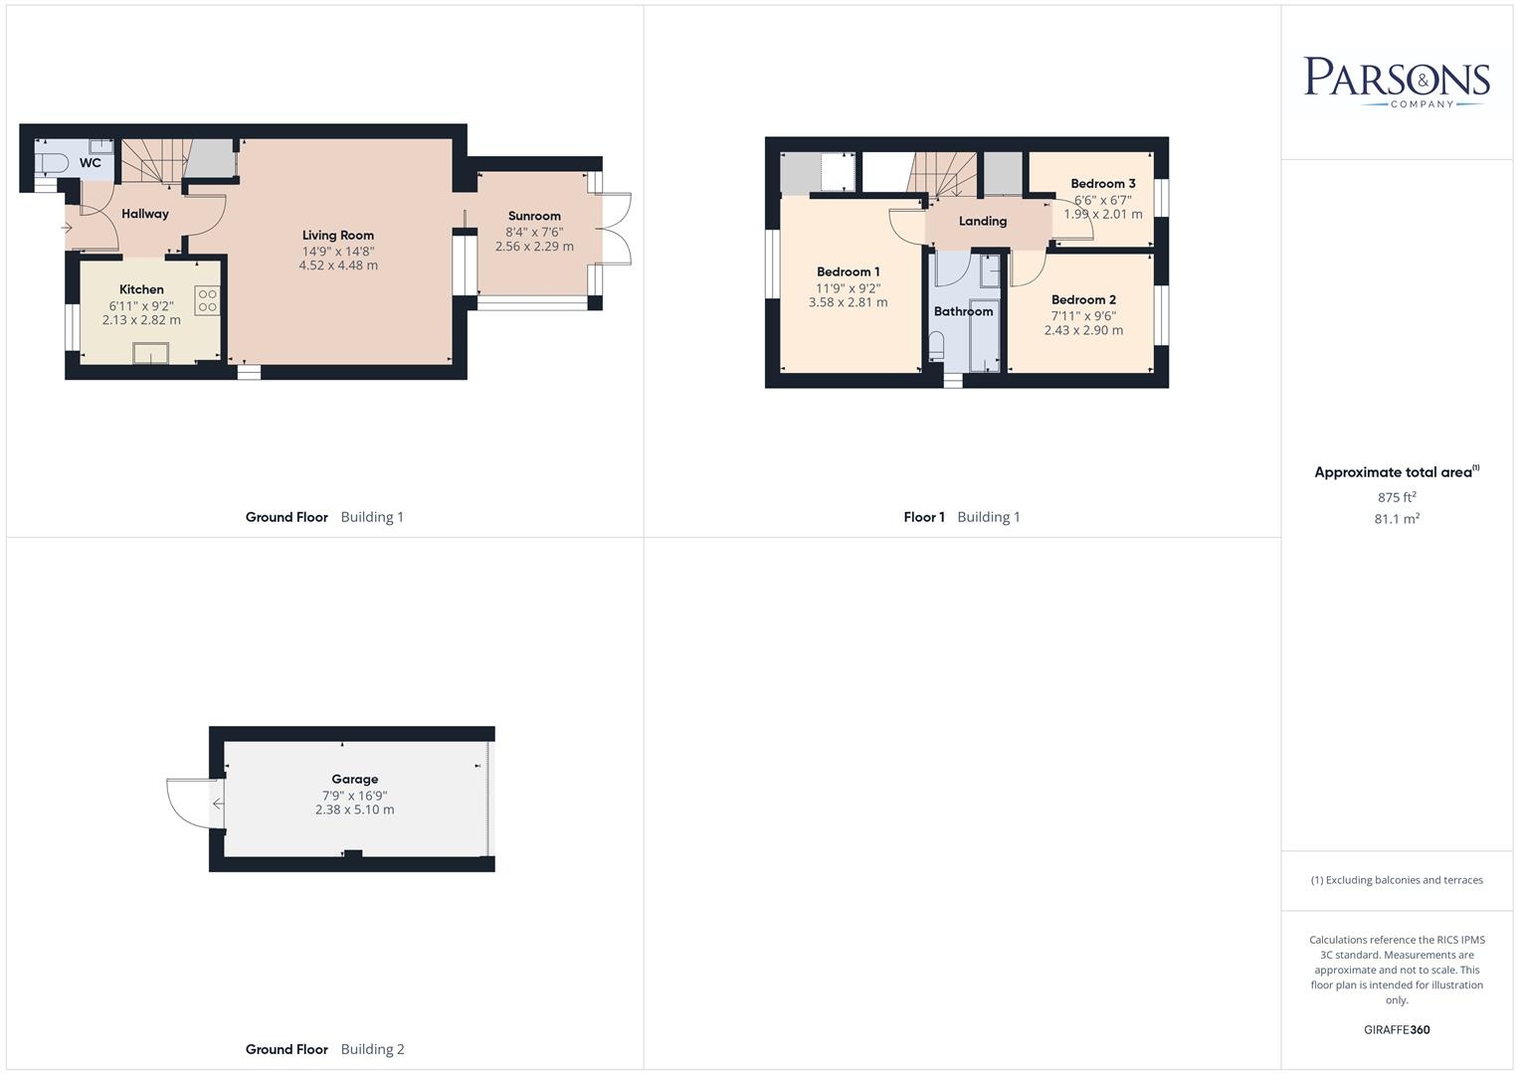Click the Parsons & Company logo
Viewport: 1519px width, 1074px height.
click(x=1396, y=82)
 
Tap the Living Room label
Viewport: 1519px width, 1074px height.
click(x=338, y=236)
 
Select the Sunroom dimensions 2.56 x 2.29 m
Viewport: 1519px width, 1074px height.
click(x=534, y=247)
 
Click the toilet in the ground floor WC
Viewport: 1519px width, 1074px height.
click(x=50, y=162)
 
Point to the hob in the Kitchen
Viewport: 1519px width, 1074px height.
click(x=207, y=300)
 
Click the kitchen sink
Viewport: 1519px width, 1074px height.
click(x=151, y=353)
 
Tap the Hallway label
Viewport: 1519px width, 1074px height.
click(x=145, y=214)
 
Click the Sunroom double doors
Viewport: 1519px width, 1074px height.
click(x=616, y=228)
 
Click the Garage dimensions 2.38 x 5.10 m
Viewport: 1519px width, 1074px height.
click(x=354, y=810)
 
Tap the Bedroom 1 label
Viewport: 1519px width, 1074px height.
click(x=848, y=271)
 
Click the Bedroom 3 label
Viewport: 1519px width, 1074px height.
click(x=1102, y=184)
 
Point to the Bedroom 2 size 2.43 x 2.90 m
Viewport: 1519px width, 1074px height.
click(x=1083, y=330)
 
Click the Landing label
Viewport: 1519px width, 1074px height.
click(x=982, y=222)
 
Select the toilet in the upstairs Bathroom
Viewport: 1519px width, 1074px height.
click(x=937, y=346)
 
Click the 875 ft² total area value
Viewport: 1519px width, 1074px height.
click(x=1396, y=497)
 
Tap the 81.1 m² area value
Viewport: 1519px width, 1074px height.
click(x=1396, y=519)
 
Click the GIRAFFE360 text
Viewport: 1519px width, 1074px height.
click(x=1396, y=1030)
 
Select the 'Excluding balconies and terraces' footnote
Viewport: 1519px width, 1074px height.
click(x=1396, y=880)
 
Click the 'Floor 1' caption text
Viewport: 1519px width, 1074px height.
click(x=923, y=517)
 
